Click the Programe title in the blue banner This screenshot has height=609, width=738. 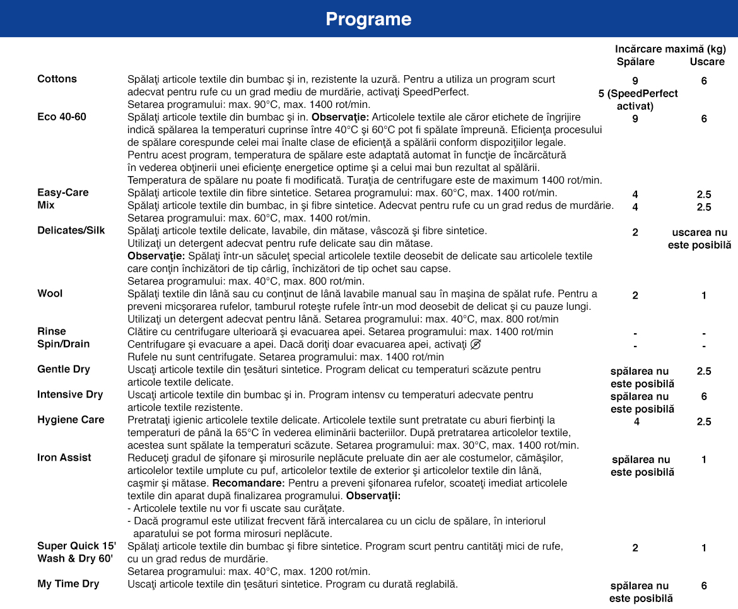pyautogui.click(x=368, y=19)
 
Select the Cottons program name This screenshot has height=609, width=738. pyautogui.click(x=57, y=79)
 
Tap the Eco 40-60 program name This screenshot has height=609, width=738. pyautogui.click(x=62, y=117)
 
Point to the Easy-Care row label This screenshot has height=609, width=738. pyautogui.click(x=63, y=192)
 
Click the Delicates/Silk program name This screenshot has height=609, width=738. pyautogui.click(x=71, y=230)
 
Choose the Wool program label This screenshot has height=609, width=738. pyautogui.click(x=50, y=293)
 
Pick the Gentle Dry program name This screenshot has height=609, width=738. pyautogui.click(x=64, y=369)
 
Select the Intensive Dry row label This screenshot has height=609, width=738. pyautogui.click(x=70, y=394)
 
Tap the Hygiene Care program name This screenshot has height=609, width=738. pyautogui.click(x=71, y=420)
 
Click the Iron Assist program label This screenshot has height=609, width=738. pyautogui.click(x=64, y=458)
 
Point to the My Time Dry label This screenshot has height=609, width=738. pyautogui.click(x=68, y=584)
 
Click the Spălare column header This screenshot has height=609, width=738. pyautogui.click(x=635, y=62)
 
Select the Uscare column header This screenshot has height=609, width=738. pyautogui.click(x=707, y=62)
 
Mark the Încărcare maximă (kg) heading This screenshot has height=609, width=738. pyautogui.click(x=671, y=49)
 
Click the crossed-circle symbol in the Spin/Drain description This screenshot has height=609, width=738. pyautogui.click(x=476, y=344)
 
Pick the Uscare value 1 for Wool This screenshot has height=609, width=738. pyautogui.click(x=704, y=295)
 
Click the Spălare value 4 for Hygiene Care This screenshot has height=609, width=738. pyautogui.click(x=636, y=422)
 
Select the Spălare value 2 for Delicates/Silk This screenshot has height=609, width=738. pyautogui.click(x=635, y=232)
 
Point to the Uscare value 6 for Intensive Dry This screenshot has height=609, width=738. pyautogui.click(x=704, y=396)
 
